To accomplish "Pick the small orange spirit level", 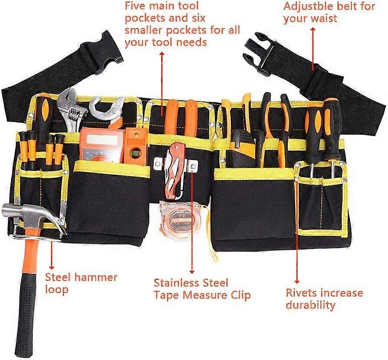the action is pos(135,145).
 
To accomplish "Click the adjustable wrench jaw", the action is pos(72,104).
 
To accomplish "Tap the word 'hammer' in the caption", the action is pos(95,278).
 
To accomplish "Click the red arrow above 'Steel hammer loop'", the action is pos(52,255).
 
